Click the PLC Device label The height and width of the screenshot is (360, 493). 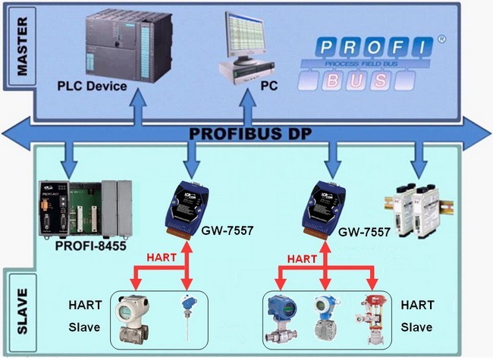tap(92, 86)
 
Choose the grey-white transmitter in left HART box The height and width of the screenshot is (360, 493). tap(134, 319)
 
